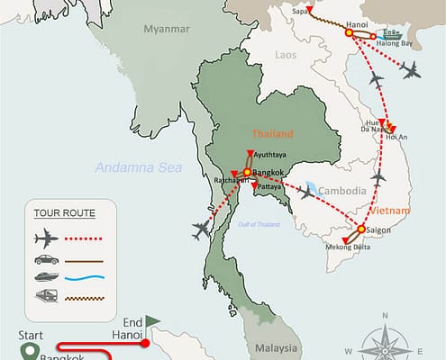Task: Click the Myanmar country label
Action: pyautogui.click(x=166, y=31)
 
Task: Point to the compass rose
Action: pyautogui.click(x=383, y=339)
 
